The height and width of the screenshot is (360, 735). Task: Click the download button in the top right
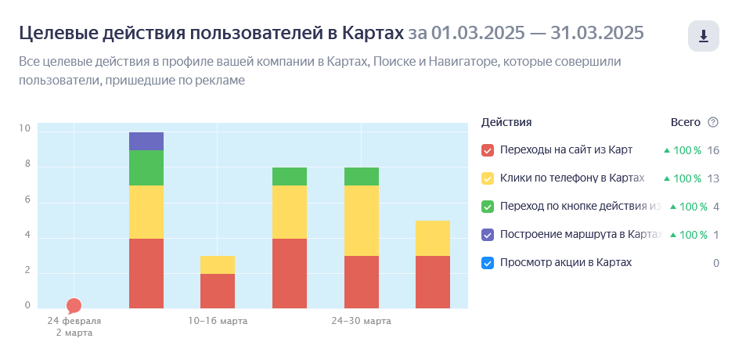(703, 36)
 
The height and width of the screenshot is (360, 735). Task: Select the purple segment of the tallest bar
(146, 141)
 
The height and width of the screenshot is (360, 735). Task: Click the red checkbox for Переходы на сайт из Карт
(488, 150)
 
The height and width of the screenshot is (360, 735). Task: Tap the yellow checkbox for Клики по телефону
(488, 178)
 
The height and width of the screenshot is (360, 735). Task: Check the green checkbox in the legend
(488, 207)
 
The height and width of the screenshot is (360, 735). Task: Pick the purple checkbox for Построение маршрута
(488, 235)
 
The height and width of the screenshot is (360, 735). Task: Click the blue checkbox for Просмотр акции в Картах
(488, 263)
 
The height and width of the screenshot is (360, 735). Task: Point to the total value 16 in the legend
(712, 150)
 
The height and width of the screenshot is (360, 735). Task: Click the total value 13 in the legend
(712, 178)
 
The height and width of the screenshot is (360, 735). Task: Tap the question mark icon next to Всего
(713, 122)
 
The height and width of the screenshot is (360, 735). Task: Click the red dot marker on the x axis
(74, 306)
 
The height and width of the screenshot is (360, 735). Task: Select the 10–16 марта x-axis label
(218, 321)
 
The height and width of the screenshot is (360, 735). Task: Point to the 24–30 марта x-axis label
(361, 321)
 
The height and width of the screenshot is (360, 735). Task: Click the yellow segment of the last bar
(433, 238)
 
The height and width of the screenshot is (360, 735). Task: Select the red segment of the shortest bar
(218, 290)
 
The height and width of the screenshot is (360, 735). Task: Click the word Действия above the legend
(506, 122)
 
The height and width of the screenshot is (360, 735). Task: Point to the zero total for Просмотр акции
(715, 263)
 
